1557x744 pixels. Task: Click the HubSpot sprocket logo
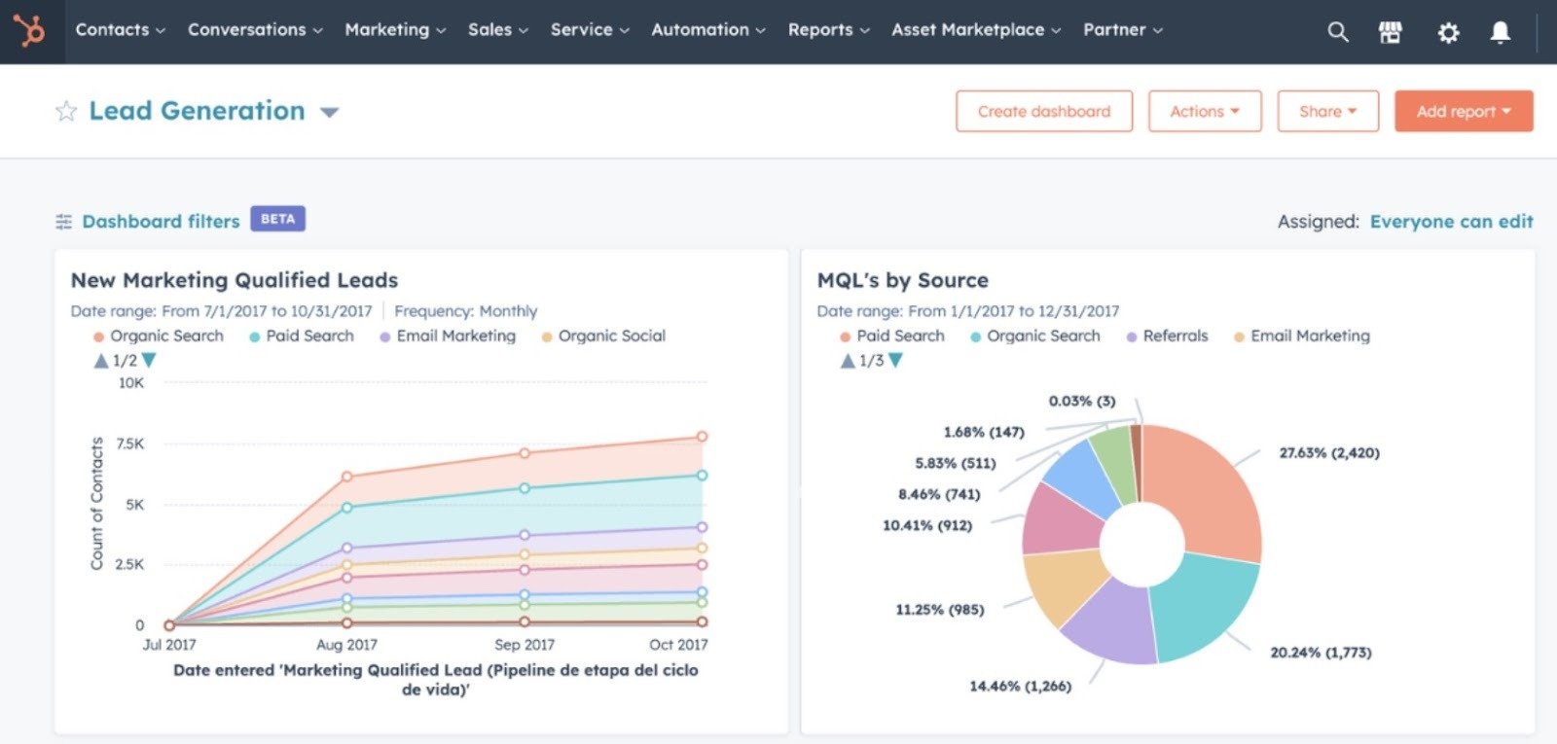[30, 31]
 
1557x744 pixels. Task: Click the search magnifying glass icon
[1338, 32]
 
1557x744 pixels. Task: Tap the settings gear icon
[1448, 33]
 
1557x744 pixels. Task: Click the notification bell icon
[1501, 33]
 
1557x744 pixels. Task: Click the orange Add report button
[1463, 111]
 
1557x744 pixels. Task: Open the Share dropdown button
[1327, 111]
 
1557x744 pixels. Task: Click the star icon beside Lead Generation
[65, 111]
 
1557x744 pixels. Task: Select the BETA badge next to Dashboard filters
[277, 219]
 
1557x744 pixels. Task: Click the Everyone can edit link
[1451, 222]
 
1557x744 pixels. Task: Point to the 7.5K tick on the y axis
[130, 443]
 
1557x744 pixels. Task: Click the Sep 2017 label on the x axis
[525, 645]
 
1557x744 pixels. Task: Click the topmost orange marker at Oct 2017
[702, 437]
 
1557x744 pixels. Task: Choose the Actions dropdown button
[1204, 111]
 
